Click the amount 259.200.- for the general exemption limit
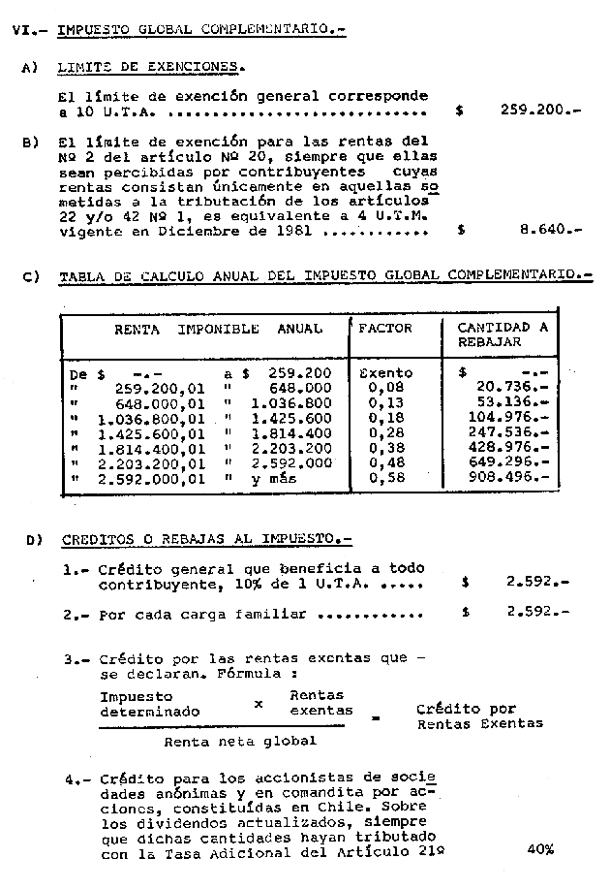538,111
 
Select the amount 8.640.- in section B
549,231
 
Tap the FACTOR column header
384,328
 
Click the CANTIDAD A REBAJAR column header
501,334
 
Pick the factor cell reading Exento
384,372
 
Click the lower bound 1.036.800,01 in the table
151,418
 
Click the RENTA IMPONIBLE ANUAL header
218,328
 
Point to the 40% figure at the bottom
540,849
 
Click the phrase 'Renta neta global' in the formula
240,741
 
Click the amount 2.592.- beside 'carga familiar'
535,613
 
